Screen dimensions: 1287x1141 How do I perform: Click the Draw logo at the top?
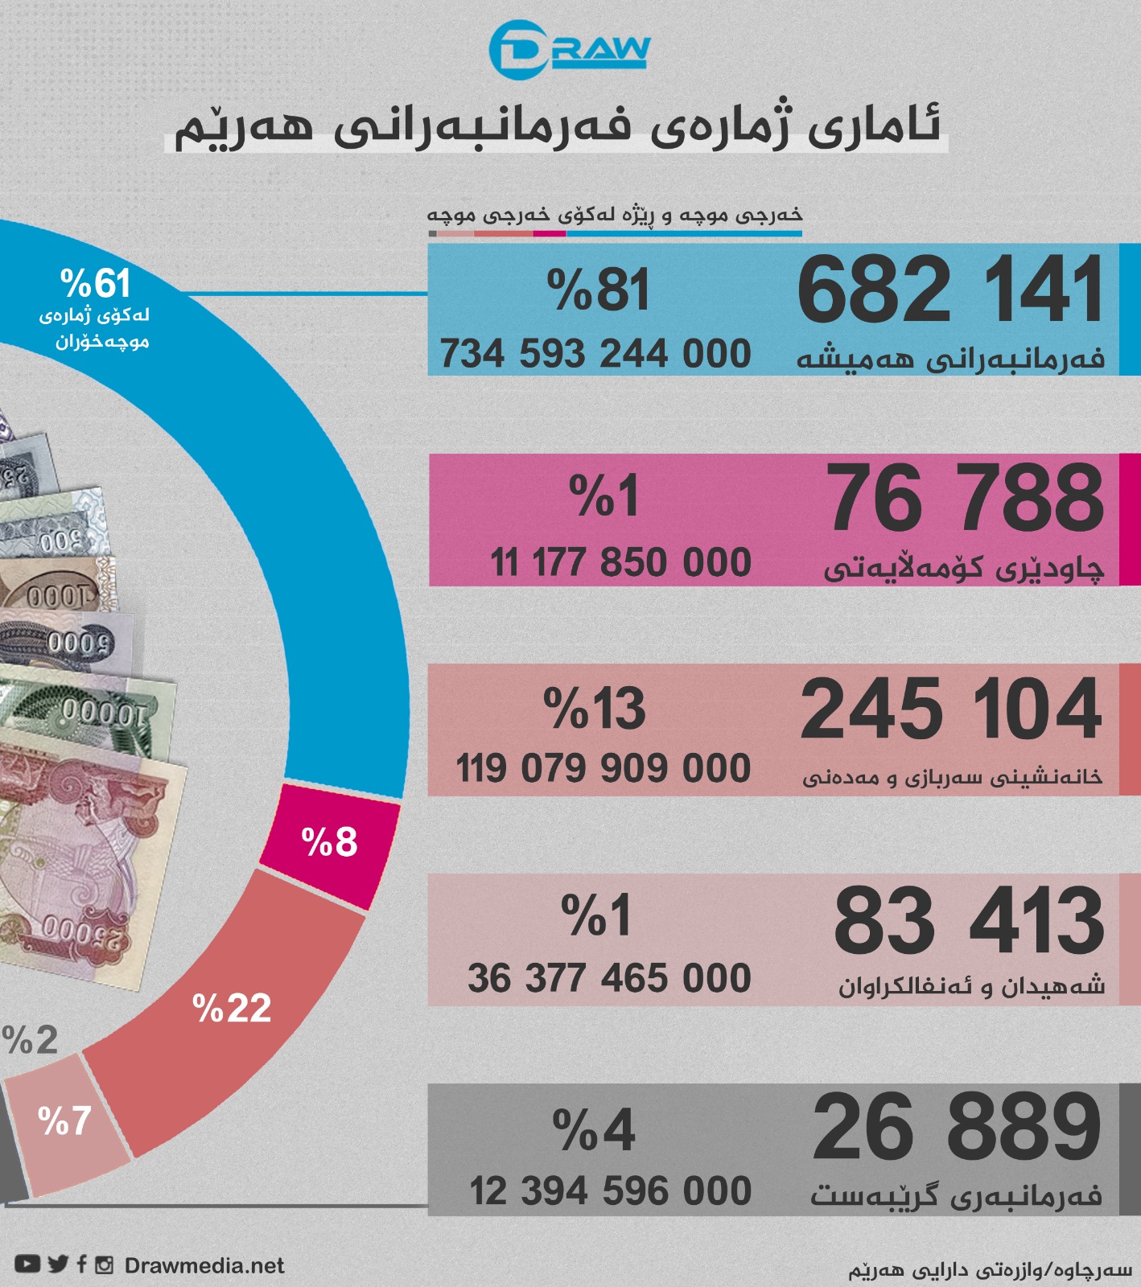coord(569,50)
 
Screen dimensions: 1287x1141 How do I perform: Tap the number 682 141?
coord(950,290)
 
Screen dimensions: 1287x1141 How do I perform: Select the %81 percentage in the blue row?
coord(597,290)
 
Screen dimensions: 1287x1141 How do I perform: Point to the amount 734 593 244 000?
coord(595,354)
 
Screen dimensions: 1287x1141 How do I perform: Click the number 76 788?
coord(966,499)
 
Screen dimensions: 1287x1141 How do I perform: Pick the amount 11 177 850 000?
coord(620,562)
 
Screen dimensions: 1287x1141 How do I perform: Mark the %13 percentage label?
coord(594,709)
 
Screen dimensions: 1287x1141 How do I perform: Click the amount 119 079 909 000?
coord(603,768)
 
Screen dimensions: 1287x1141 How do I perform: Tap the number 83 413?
coord(969,920)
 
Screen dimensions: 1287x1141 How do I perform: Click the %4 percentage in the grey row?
coord(594,1130)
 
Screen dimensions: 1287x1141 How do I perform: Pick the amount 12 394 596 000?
coord(610,1191)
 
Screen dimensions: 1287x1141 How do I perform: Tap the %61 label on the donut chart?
coord(95,284)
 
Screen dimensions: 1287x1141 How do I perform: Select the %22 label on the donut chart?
coord(232,1009)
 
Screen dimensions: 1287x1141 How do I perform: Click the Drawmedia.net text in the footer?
coord(204,1266)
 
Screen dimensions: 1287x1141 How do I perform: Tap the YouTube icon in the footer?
coord(27,1264)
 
